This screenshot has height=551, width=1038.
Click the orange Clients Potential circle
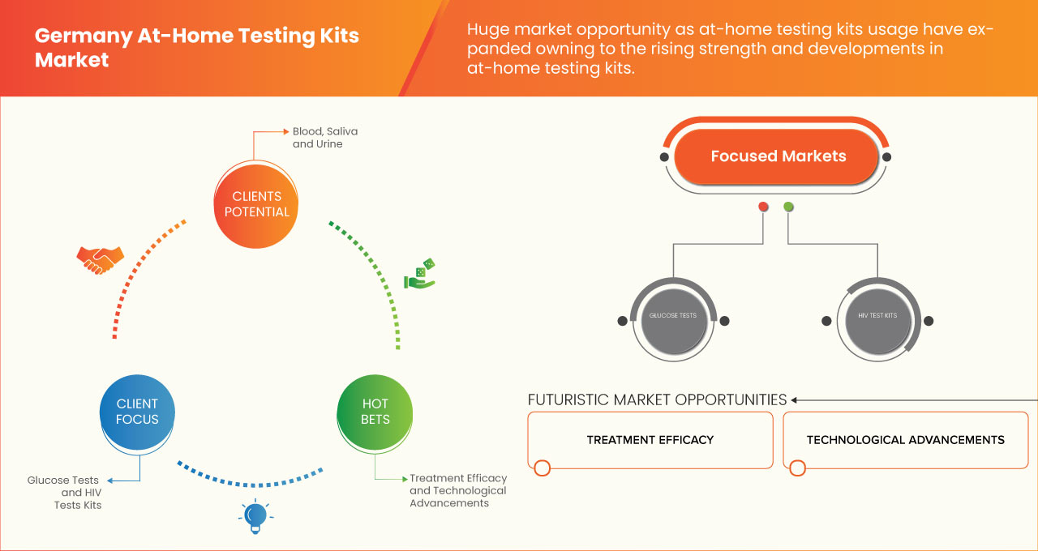[257, 204]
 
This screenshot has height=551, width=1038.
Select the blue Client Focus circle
[137, 412]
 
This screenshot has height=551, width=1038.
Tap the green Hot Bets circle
[375, 412]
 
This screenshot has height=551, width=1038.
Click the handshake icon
[100, 259]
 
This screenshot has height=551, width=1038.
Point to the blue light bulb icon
[255, 516]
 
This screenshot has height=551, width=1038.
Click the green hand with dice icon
[420, 275]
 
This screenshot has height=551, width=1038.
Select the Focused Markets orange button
[777, 156]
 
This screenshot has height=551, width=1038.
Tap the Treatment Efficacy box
[650, 440]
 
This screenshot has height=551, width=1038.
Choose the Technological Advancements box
[905, 440]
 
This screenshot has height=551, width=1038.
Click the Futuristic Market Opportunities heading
[657, 399]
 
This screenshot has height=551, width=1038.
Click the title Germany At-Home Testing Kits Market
[196, 48]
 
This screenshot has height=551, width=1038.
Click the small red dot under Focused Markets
[763, 207]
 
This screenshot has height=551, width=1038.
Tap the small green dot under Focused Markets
[788, 207]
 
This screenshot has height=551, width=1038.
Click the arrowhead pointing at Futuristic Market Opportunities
[795, 399]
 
